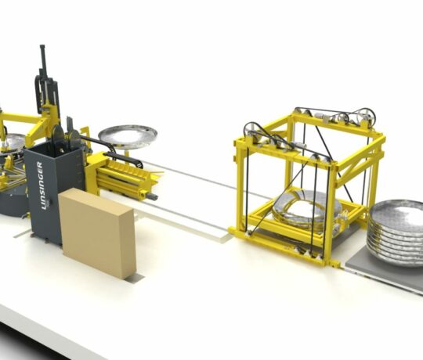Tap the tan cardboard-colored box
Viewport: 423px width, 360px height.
tap(97, 232)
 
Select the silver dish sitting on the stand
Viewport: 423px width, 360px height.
tap(128, 136)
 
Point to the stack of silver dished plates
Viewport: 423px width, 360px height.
tap(396, 233)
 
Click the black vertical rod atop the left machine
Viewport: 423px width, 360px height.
tap(42, 58)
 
